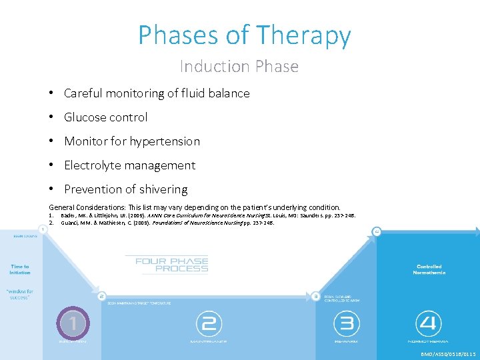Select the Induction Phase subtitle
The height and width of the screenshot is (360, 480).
point(239,67)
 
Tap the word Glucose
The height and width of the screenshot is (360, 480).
point(85,117)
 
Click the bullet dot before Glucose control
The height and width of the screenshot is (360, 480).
point(52,117)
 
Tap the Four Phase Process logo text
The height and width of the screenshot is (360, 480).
point(171,264)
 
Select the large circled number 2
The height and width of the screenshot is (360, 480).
point(208,324)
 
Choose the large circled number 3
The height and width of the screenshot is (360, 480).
point(346,324)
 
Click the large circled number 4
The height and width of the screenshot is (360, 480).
point(428,324)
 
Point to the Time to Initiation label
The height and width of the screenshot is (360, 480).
point(20,269)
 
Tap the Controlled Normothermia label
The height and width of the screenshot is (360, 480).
point(428,269)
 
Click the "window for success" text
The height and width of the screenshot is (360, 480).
point(20,294)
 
